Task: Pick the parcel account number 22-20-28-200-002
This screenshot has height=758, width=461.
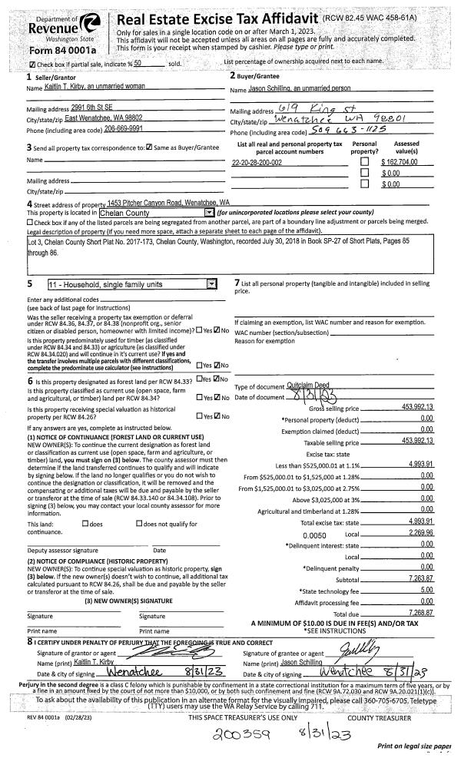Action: coord(257,163)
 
